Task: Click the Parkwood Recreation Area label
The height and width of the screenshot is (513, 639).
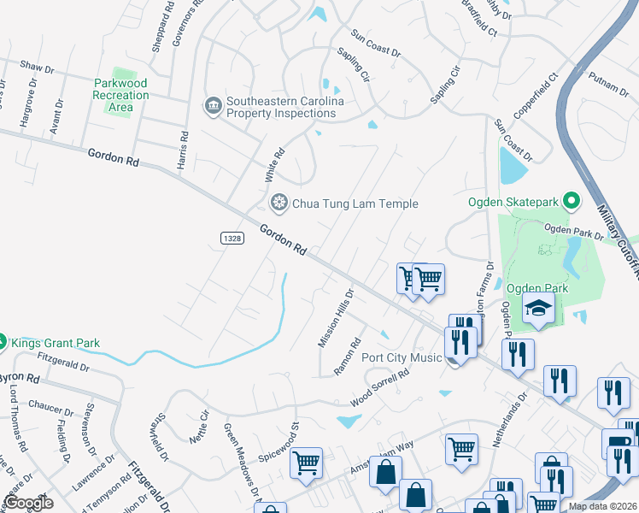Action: point(120,95)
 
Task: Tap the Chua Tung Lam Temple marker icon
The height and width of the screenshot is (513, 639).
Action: point(278,203)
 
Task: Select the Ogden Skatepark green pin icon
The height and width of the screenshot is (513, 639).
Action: point(572,202)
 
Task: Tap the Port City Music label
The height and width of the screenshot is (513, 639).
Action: point(402,357)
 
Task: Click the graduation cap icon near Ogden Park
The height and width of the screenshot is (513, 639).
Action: point(539,308)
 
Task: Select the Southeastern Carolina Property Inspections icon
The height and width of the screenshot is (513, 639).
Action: point(212,106)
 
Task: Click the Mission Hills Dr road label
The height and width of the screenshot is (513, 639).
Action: point(336,317)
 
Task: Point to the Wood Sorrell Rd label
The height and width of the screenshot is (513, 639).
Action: point(380,387)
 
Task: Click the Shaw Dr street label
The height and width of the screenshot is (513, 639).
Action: point(37,66)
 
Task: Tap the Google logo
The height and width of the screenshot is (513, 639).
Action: point(27,503)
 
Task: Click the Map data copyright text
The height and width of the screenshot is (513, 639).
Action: point(602,506)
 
